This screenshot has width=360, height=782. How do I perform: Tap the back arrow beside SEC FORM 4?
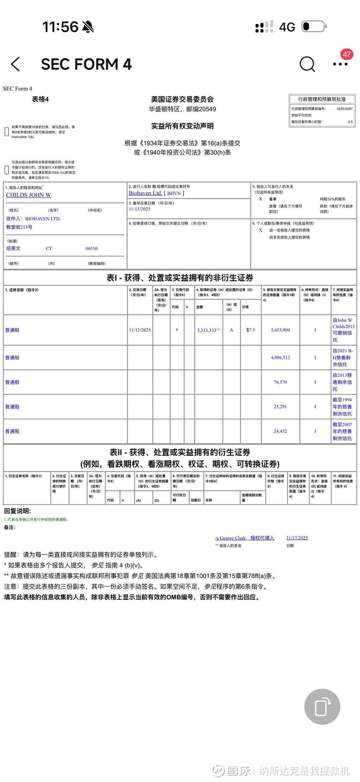coord(15,64)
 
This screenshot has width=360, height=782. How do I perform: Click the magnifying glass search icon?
coord(307,64)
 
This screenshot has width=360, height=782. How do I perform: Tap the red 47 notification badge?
coord(346,55)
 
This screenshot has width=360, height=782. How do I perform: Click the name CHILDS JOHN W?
coord(28,195)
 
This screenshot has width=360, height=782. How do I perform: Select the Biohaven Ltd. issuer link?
coord(145,193)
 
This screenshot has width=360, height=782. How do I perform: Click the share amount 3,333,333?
coord(207,330)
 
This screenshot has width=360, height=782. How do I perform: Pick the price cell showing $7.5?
coord(250,330)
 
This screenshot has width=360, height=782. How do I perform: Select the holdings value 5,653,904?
coord(280,330)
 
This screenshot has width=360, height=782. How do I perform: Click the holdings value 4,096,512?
coord(280,358)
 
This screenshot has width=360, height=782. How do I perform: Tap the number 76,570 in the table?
coord(280,382)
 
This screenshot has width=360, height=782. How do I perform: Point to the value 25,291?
coord(280,407)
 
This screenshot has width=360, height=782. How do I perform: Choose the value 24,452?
coord(280,431)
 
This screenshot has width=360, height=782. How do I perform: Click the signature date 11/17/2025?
coord(297,538)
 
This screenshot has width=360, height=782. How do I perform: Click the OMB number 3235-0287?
coord(344,109)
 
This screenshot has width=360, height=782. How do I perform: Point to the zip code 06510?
coord(92,248)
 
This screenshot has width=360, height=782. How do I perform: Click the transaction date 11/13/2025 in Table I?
coord(140,330)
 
